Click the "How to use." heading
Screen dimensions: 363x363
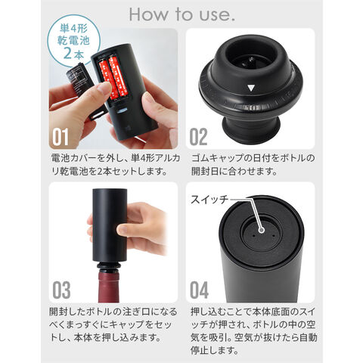click(x=181, y=14)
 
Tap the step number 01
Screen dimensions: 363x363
click(x=60, y=137)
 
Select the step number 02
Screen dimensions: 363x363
click(x=198, y=137)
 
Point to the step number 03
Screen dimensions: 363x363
click(x=61, y=290)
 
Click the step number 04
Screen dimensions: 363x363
click(x=199, y=290)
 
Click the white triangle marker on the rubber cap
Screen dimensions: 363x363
click(x=251, y=88)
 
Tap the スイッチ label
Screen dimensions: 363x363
click(x=209, y=200)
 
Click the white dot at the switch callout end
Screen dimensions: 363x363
click(x=262, y=230)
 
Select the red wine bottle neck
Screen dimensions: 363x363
click(x=108, y=286)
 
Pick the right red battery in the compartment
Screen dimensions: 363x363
click(x=119, y=77)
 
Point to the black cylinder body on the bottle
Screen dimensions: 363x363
click(x=110, y=225)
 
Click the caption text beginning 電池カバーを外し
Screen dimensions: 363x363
click(x=116, y=165)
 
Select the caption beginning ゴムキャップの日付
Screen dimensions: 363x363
click(x=253, y=165)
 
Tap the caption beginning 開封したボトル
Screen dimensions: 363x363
click(x=113, y=324)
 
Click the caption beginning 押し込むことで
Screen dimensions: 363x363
click(x=253, y=331)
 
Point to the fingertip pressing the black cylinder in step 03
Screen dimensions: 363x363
click(x=123, y=229)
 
